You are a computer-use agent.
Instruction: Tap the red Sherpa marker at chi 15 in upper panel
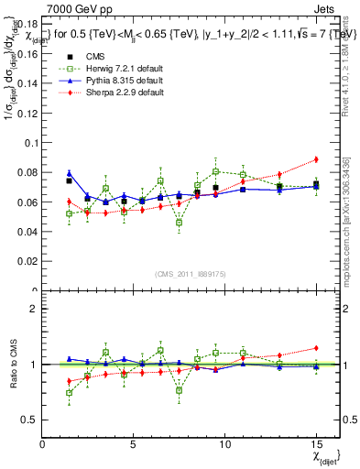pos(315,159)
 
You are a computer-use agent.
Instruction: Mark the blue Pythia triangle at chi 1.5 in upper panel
pos(69,173)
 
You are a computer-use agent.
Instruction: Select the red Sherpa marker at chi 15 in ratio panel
pos(315,348)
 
